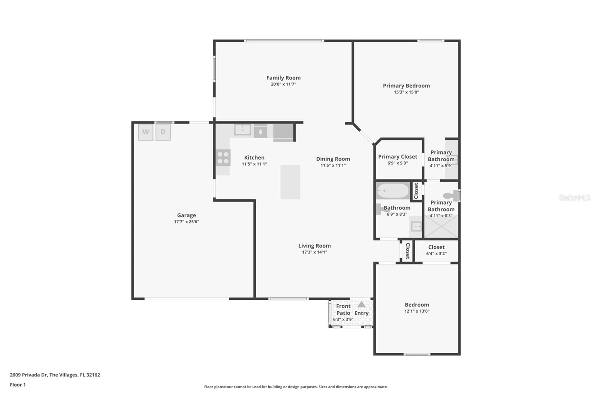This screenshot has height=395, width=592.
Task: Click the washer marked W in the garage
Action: (x=146, y=132)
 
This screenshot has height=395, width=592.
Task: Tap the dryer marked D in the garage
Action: (x=163, y=132)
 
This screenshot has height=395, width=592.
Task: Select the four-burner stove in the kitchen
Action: (x=223, y=158)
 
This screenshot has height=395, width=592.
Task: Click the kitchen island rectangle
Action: (x=290, y=182)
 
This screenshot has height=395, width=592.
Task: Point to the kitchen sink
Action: (x=243, y=130)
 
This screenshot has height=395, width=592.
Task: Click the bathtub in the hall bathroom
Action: (x=393, y=191)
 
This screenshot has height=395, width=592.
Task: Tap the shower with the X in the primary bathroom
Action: (x=441, y=226)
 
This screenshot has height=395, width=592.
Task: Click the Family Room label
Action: (x=283, y=78)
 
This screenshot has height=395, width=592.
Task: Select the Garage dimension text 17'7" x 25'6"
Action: (x=186, y=222)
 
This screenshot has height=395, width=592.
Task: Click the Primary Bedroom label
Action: (x=406, y=86)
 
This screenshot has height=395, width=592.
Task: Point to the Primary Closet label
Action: (x=397, y=157)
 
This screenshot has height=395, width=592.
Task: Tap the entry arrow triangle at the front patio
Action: (x=361, y=305)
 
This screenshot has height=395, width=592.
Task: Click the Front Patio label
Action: (x=343, y=309)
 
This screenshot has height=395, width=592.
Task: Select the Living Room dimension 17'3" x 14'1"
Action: (x=314, y=252)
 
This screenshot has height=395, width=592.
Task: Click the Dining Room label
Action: (x=333, y=159)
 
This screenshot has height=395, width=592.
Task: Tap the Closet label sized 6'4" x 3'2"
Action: (x=436, y=247)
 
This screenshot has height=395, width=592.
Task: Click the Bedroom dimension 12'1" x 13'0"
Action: (x=417, y=311)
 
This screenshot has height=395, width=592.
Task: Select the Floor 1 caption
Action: (x=18, y=385)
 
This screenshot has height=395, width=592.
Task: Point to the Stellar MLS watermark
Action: (x=574, y=197)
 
